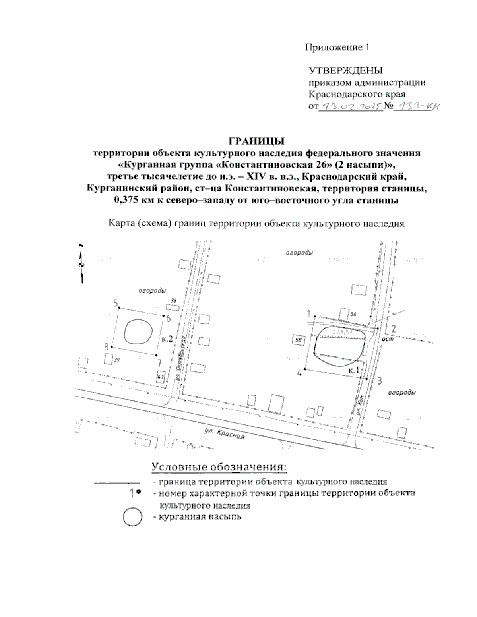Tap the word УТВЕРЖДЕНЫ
pyautogui.click(x=346, y=71)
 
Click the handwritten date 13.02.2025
pyautogui.click(x=350, y=106)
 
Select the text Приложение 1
pyautogui.click(x=337, y=48)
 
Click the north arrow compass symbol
pyautogui.click(x=81, y=265)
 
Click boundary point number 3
pyautogui.click(x=379, y=381)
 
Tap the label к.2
pyautogui.click(x=167, y=339)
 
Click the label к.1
pyautogui.click(x=354, y=370)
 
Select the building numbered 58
pyautogui.click(x=299, y=340)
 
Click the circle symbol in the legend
pyautogui.click(x=132, y=516)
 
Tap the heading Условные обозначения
pyautogui.click(x=219, y=466)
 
